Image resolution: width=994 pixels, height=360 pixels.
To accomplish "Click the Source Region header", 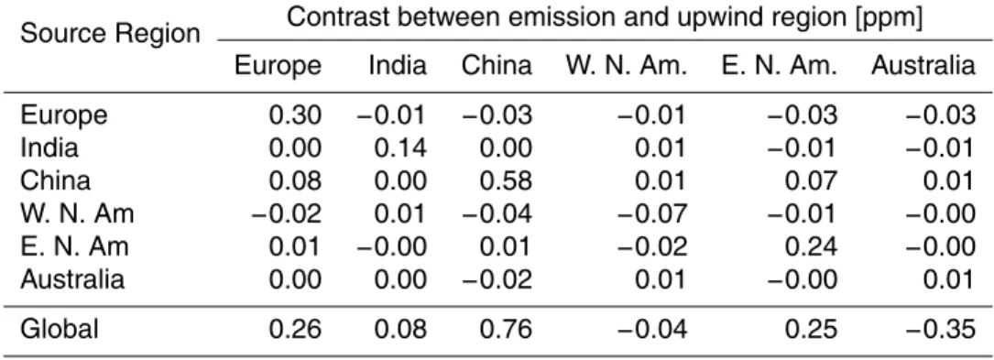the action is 110,33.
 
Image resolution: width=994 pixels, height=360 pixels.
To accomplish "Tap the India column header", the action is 399,66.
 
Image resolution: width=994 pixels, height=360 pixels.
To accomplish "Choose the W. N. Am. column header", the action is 627,66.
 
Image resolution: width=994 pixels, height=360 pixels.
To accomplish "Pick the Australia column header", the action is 923,66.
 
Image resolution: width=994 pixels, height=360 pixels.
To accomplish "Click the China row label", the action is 55,181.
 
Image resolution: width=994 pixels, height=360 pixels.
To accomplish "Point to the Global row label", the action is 60,329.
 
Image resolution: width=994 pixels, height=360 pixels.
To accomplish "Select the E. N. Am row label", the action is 74,245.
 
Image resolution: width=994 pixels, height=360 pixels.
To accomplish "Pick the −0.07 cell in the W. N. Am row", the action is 651,214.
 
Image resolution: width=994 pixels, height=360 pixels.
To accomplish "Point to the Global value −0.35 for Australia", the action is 940,329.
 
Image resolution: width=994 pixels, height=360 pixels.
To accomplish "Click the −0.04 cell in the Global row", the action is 651,329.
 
